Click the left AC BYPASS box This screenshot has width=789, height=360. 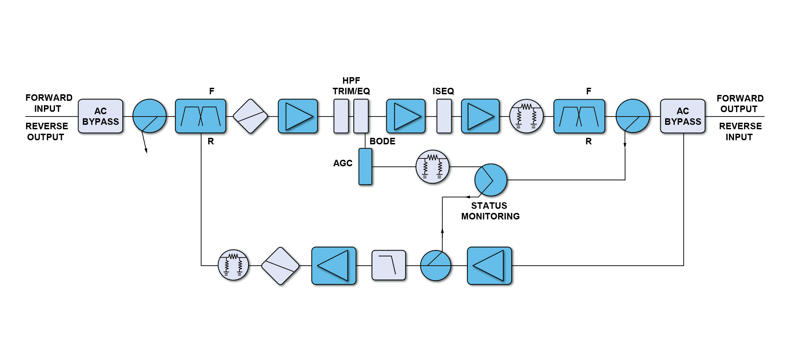pyautogui.click(x=101, y=116)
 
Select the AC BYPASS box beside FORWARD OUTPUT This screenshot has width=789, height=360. pyautogui.click(x=682, y=116)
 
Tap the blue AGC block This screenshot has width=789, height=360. pyautogui.click(x=365, y=167)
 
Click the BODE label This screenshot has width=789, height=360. pyautogui.click(x=382, y=141)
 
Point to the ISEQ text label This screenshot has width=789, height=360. pyautogui.click(x=443, y=91)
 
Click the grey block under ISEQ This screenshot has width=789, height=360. pyautogui.click(x=444, y=116)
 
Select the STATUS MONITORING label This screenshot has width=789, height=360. pyautogui.click(x=490, y=211)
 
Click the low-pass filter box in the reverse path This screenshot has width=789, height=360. pyautogui.click(x=389, y=265)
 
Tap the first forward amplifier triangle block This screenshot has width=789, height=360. pyautogui.click(x=298, y=116)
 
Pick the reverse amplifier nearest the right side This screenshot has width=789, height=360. pyautogui.click(x=489, y=265)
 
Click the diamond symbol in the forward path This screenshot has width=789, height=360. pyautogui.click(x=250, y=116)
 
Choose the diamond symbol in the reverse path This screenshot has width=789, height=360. pyautogui.click(x=280, y=266)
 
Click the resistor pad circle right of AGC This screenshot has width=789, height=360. pyautogui.click(x=432, y=167)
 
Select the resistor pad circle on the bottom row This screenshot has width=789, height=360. pyautogui.click(x=233, y=265)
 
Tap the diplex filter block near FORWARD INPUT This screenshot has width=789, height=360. pyautogui.click(x=201, y=116)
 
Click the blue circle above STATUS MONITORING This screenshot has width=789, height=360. pyautogui.click(x=491, y=180)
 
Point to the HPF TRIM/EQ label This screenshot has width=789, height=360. pyautogui.click(x=351, y=86)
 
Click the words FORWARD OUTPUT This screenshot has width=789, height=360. pyautogui.click(x=740, y=104)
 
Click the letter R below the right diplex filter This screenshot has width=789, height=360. pyautogui.click(x=588, y=141)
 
